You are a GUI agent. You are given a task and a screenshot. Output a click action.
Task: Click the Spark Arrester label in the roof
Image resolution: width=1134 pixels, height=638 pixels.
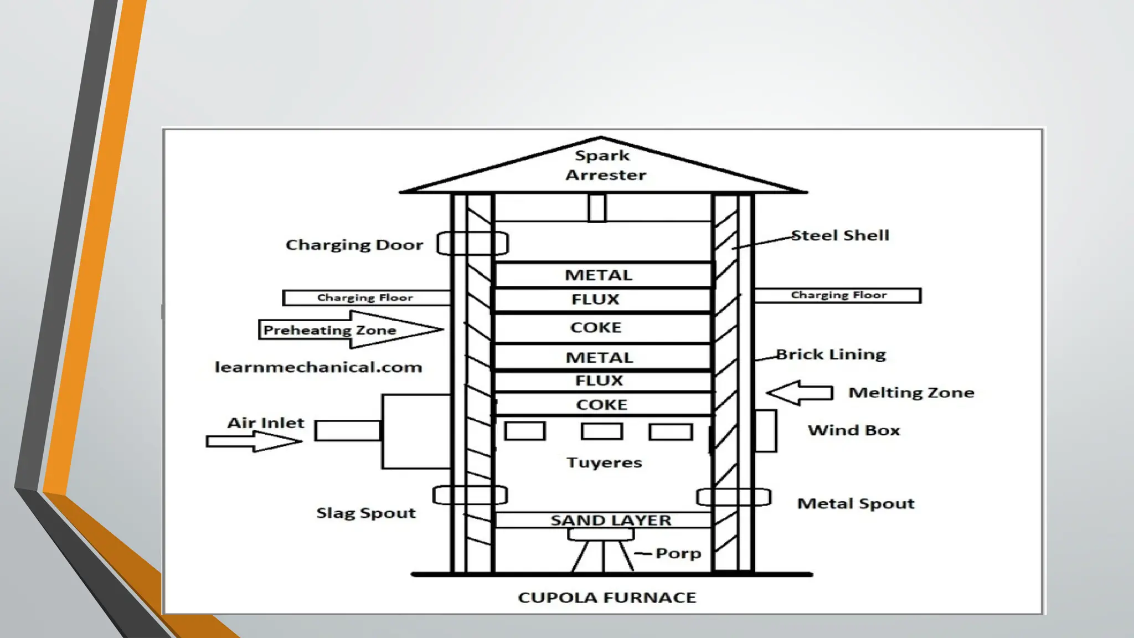(604, 165)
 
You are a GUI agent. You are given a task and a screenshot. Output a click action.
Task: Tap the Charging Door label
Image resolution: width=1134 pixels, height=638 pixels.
(354, 245)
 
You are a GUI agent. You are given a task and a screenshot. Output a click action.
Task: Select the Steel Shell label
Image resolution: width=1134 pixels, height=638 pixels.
(839, 235)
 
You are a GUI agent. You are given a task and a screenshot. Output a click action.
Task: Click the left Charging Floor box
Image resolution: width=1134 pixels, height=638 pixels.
(366, 297)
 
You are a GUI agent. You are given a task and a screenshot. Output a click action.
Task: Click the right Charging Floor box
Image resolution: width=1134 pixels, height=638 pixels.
(837, 295)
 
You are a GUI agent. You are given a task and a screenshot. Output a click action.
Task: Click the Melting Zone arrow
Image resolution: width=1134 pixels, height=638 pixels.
(800, 393)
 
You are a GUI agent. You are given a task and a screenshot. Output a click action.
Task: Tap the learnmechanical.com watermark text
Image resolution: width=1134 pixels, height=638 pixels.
(318, 367)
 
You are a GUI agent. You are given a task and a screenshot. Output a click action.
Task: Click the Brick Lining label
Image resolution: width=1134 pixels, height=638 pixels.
(831, 354)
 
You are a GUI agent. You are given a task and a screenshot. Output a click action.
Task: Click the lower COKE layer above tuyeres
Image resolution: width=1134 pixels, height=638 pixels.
(602, 404)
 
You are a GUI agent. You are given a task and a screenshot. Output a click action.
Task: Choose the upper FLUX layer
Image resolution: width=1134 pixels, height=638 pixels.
(596, 300)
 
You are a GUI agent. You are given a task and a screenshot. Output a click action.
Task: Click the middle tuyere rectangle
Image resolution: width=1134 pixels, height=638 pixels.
(602, 431)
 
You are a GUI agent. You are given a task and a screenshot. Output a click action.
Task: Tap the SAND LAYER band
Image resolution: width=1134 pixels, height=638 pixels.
(610, 520)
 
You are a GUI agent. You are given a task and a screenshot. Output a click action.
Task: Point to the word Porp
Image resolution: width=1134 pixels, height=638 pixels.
(678, 553)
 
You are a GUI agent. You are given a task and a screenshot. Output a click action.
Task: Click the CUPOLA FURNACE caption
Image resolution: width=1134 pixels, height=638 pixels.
(607, 598)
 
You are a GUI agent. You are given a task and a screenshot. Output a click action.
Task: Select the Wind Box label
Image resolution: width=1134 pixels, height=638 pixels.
(854, 430)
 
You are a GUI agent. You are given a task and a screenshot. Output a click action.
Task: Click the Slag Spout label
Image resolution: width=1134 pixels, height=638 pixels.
(366, 513)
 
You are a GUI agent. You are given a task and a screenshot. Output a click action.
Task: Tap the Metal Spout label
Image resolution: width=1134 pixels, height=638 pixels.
(855, 503)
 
